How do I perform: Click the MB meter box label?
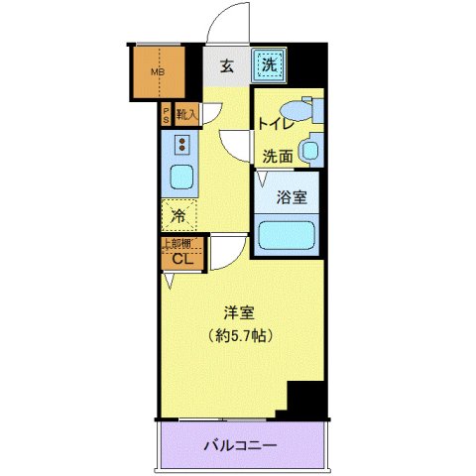[x=156, y=71]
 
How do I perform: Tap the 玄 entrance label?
[x=226, y=67]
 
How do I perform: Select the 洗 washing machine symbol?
[x=268, y=66]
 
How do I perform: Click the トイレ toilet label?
[x=273, y=124]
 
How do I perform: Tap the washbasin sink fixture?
[x=310, y=151]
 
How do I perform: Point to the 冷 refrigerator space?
[x=178, y=214]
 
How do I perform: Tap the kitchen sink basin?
[x=181, y=178]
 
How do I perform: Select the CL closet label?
[x=181, y=260]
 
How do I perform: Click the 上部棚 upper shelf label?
[x=178, y=244]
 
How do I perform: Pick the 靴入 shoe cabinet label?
[x=186, y=115]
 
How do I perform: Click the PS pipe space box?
[x=166, y=115]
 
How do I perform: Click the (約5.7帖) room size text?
[x=240, y=335]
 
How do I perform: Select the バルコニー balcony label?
[x=241, y=445]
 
